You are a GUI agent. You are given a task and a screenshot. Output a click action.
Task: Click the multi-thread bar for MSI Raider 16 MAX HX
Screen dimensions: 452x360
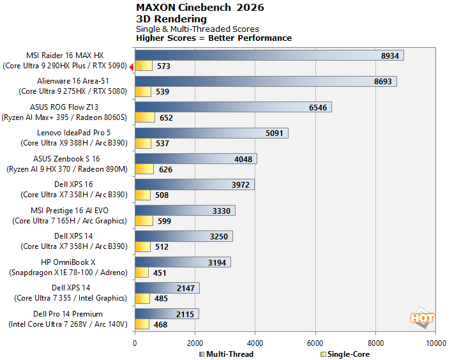point(269,56)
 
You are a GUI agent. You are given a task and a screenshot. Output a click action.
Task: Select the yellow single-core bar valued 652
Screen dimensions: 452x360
point(145,117)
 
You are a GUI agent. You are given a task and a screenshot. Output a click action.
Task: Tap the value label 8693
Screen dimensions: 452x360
point(383,82)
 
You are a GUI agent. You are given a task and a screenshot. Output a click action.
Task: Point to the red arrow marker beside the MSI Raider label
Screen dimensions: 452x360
point(132,67)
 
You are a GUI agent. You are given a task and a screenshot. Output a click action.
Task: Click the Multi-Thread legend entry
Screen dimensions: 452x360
point(226,354)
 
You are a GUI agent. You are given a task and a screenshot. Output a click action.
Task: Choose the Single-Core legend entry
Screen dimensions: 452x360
point(345,354)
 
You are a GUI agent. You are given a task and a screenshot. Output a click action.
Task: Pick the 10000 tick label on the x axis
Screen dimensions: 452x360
point(435,343)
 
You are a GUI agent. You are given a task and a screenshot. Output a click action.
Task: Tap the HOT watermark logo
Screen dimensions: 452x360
point(422,318)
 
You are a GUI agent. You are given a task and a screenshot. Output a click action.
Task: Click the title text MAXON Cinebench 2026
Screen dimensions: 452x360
point(200,8)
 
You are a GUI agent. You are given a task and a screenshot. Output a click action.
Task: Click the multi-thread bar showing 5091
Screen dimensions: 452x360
point(211,133)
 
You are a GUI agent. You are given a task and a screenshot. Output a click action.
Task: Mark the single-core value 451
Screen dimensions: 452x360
point(160,273)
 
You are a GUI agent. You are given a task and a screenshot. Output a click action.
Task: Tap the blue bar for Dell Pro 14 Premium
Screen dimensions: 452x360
point(167,313)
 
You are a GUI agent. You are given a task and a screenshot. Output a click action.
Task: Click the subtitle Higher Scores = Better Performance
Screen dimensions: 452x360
point(214,38)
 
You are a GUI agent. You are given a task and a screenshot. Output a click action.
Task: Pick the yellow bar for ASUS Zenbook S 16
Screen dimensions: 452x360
point(144,169)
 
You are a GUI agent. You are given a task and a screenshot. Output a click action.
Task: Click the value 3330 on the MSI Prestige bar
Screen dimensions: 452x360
point(222,211)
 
